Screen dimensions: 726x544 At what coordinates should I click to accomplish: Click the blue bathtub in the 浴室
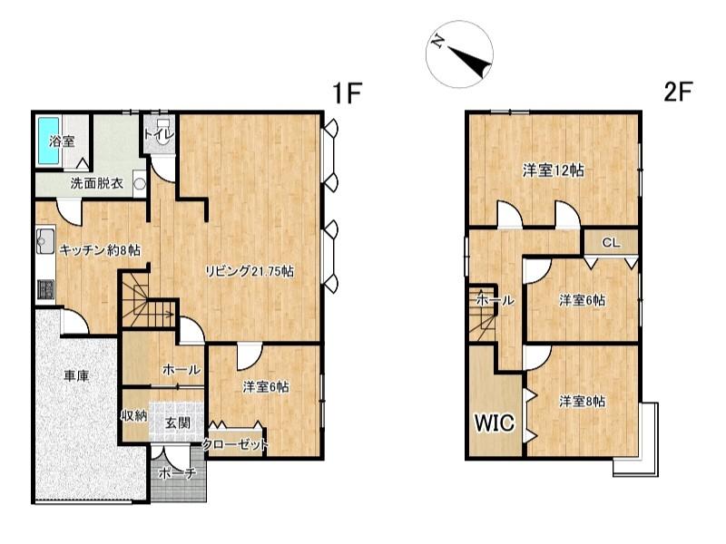[x=48, y=141]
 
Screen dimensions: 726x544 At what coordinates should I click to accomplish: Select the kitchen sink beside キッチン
[x=45, y=241]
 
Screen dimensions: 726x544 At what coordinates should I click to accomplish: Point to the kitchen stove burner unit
[x=45, y=289]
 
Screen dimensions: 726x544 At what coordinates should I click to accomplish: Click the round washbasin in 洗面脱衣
[x=140, y=184]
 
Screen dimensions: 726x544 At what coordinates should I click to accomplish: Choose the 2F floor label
[x=677, y=92]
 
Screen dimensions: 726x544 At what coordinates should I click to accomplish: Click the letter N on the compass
[x=437, y=42]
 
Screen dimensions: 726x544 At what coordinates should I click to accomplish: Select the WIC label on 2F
[x=495, y=423]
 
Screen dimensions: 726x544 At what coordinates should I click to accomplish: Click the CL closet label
[x=611, y=242]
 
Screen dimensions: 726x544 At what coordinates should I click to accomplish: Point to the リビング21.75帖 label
[x=249, y=271]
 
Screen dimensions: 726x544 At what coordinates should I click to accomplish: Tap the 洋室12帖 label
[x=553, y=170]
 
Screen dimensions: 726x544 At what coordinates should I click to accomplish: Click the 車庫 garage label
[x=76, y=375]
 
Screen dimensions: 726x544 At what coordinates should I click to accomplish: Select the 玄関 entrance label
[x=178, y=423]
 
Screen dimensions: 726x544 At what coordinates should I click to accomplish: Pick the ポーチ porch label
[x=178, y=473]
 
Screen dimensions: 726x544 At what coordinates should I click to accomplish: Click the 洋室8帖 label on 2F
[x=582, y=401]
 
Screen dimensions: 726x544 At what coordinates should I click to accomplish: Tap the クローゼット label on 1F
[x=235, y=444]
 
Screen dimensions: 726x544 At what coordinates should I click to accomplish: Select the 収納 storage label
[x=134, y=416]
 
